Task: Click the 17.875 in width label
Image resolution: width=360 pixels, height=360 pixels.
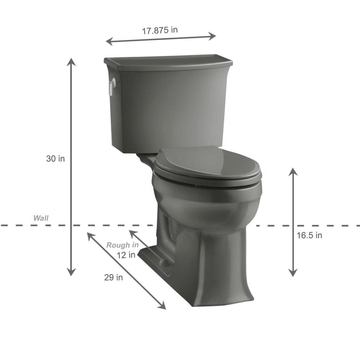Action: pos(160,30)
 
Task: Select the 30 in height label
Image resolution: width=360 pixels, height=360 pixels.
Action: pos(55,159)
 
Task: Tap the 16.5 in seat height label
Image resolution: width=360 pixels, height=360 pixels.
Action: pos(309,235)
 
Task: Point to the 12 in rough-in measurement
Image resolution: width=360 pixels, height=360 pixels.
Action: pos(126,255)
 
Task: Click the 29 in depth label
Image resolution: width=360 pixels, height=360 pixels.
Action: pos(113,277)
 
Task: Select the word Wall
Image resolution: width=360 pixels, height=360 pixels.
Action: pos(41,218)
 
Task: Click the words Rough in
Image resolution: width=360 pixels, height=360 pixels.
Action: pos(122,245)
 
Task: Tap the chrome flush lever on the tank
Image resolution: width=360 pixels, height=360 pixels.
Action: pos(112,86)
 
